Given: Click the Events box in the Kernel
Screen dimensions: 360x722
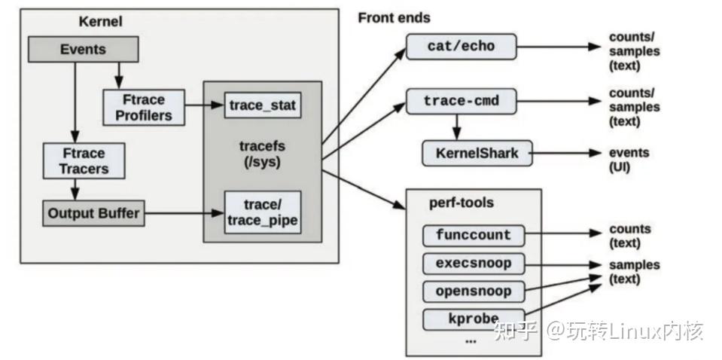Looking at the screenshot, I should [83, 50].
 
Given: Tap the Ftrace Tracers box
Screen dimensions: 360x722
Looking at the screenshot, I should [84, 160].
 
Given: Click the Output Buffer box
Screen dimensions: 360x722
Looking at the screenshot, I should [93, 213].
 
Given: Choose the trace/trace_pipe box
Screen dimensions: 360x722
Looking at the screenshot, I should [263, 212].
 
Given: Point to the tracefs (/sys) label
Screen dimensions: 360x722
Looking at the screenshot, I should [263, 153].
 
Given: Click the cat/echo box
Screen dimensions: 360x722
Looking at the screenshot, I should [461, 47].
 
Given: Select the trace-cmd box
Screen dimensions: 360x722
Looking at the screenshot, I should [461, 101].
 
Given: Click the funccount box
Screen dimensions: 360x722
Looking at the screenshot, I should [473, 235].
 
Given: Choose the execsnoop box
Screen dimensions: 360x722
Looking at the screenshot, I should [473, 264].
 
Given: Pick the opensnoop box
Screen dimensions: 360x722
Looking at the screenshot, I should [473, 291].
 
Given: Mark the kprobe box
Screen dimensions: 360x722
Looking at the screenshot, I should [473, 317].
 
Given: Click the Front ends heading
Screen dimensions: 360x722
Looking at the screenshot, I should [394, 17].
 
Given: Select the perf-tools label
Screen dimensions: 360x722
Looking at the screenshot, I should [451, 203].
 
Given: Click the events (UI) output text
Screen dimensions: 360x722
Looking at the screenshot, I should [629, 159].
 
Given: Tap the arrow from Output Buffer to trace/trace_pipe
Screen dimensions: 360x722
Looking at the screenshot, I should [184, 214].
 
